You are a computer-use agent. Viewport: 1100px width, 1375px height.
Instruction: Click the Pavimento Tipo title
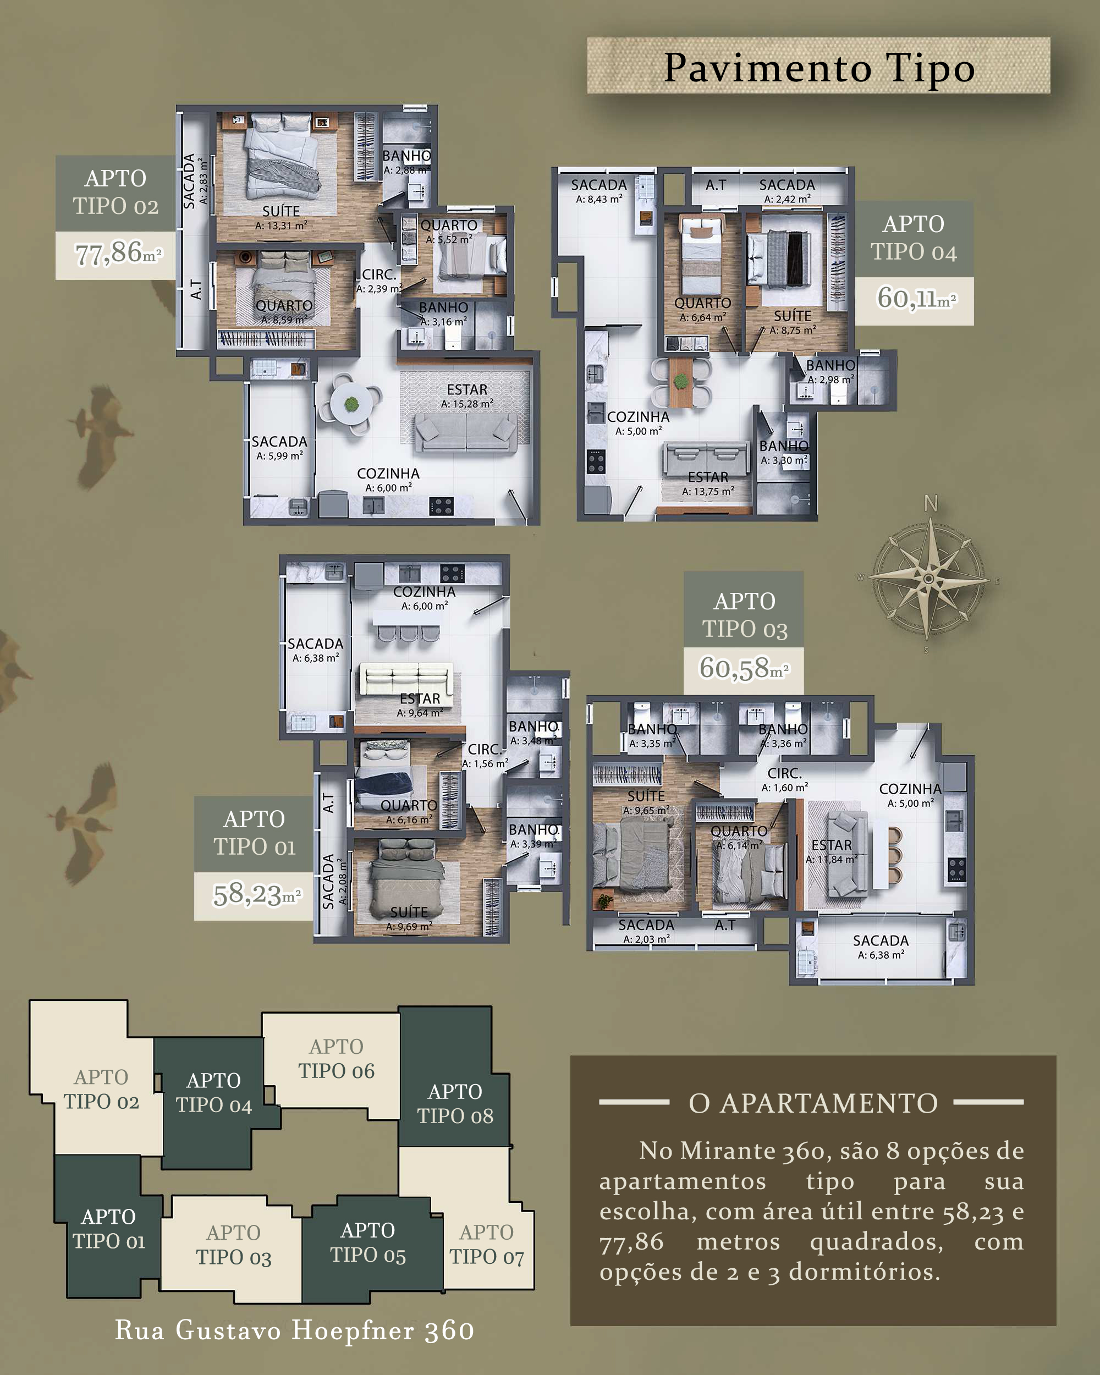(820, 68)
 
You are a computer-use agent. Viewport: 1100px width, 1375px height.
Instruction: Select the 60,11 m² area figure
(916, 299)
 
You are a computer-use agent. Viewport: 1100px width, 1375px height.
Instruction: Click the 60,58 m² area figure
(744, 669)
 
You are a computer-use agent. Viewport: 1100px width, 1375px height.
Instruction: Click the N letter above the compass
(931, 504)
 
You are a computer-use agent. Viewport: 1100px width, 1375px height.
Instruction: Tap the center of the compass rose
(929, 579)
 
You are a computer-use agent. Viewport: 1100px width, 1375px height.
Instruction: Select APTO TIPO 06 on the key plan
(336, 1059)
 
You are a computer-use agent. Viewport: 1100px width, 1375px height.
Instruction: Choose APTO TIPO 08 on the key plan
(455, 1104)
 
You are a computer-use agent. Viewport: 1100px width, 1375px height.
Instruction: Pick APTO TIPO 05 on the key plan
(368, 1242)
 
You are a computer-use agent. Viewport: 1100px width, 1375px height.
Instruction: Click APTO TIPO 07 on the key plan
(487, 1244)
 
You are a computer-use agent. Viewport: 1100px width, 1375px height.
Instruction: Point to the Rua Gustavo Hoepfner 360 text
(295, 1331)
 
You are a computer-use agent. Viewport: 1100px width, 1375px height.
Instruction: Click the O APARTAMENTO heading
(813, 1103)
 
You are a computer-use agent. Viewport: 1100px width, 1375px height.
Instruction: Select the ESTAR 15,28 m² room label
(467, 395)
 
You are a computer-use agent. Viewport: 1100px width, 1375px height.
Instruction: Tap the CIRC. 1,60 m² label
(784, 780)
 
